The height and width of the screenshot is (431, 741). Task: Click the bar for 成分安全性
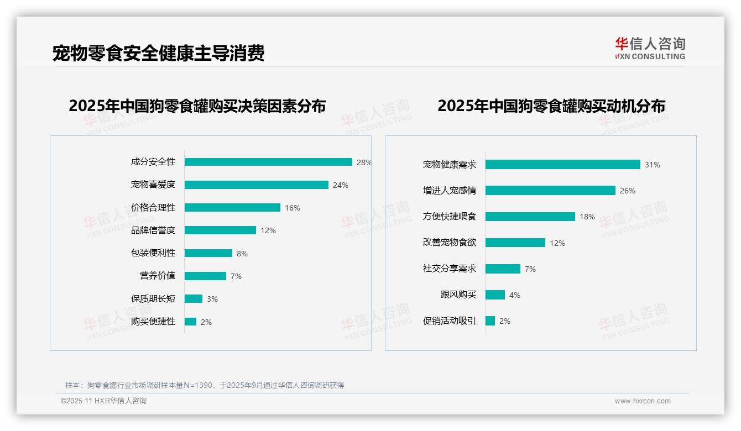[268, 162]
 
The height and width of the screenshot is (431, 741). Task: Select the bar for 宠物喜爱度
[256, 185]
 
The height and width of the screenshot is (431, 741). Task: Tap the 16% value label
[293, 208]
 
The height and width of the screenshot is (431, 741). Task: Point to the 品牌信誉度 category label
[153, 230]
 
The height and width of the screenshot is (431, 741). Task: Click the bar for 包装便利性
[208, 253]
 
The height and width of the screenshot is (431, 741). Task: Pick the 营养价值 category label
[158, 276]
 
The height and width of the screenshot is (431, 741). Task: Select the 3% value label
[212, 299]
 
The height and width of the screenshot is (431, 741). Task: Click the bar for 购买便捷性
[190, 322]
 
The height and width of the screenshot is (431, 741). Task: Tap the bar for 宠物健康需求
[562, 165]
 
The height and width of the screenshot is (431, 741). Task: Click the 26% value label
[628, 191]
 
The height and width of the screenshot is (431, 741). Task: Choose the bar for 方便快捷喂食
[530, 217]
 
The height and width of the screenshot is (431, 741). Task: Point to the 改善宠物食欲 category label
[450, 243]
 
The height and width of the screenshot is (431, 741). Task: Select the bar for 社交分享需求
[503, 269]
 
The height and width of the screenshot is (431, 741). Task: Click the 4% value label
[515, 295]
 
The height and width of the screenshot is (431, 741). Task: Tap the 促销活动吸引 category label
[450, 320]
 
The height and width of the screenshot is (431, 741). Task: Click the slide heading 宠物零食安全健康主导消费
[159, 53]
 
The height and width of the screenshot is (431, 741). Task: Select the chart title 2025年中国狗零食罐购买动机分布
[551, 106]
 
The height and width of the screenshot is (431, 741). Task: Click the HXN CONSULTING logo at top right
[650, 49]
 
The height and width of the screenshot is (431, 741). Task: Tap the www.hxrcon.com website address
[643, 401]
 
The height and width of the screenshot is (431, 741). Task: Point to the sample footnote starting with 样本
[205, 385]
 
